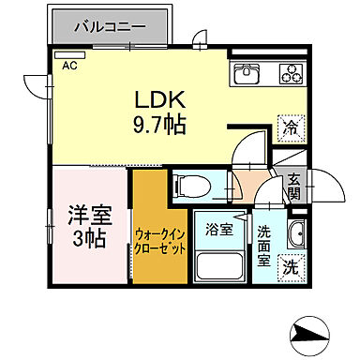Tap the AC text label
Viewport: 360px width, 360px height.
69,66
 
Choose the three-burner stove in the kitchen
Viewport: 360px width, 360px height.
289,73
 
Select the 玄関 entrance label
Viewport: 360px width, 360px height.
293,187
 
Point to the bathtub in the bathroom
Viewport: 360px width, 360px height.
219,262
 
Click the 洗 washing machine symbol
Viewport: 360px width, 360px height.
293,265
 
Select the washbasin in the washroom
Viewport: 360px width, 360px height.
295,234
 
